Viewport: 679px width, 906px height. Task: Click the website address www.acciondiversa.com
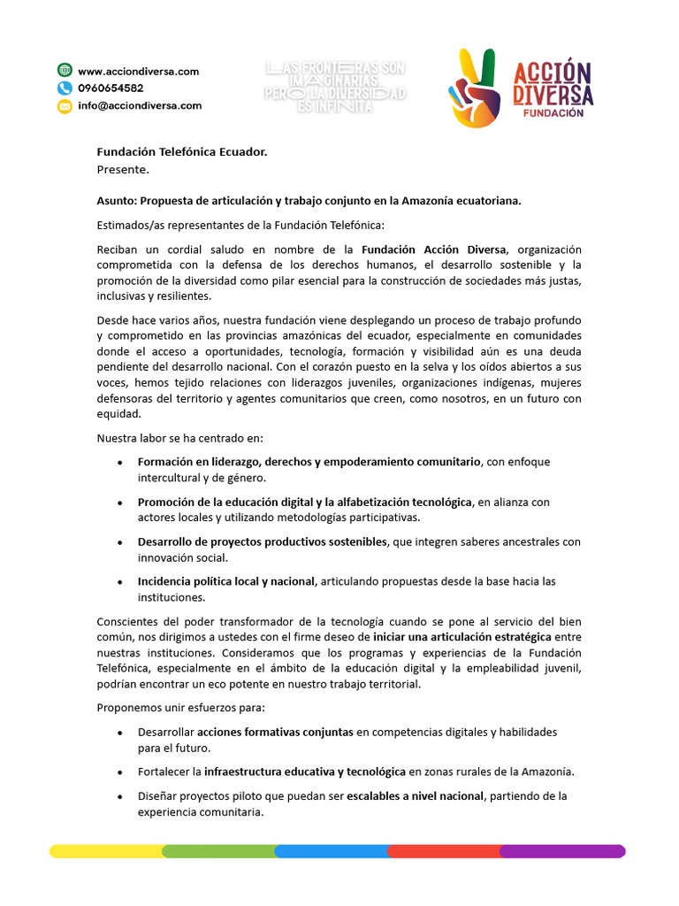[138, 71]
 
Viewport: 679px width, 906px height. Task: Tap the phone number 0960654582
[111, 88]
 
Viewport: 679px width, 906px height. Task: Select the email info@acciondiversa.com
[140, 105]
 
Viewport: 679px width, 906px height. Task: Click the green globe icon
[65, 71]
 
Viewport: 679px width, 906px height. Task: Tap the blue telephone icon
[65, 88]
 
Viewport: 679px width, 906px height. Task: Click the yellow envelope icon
[65, 106]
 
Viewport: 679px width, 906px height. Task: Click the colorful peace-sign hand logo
[476, 88]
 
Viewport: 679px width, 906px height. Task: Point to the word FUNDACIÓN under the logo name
[553, 113]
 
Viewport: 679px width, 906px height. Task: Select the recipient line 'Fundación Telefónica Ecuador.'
[181, 152]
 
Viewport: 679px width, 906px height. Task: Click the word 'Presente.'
[123, 169]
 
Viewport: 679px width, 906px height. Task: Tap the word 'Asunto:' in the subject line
[117, 201]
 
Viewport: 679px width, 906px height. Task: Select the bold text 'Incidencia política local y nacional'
[225, 581]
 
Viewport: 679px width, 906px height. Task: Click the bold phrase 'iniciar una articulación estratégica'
[462, 637]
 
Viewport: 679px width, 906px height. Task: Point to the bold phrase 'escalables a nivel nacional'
[415, 795]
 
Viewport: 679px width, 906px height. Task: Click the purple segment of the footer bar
[562, 851]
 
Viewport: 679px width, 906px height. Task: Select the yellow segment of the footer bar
[106, 851]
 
